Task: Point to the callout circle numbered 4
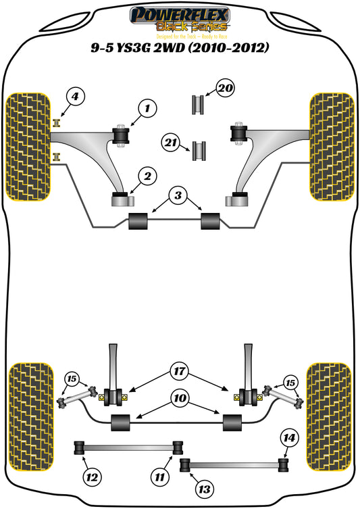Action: tap(76, 97)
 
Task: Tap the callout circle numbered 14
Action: tap(289, 438)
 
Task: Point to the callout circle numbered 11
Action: tap(159, 477)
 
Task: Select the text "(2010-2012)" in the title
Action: tap(228, 48)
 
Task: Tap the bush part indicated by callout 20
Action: tap(199, 105)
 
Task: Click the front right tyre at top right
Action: tap(331, 147)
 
